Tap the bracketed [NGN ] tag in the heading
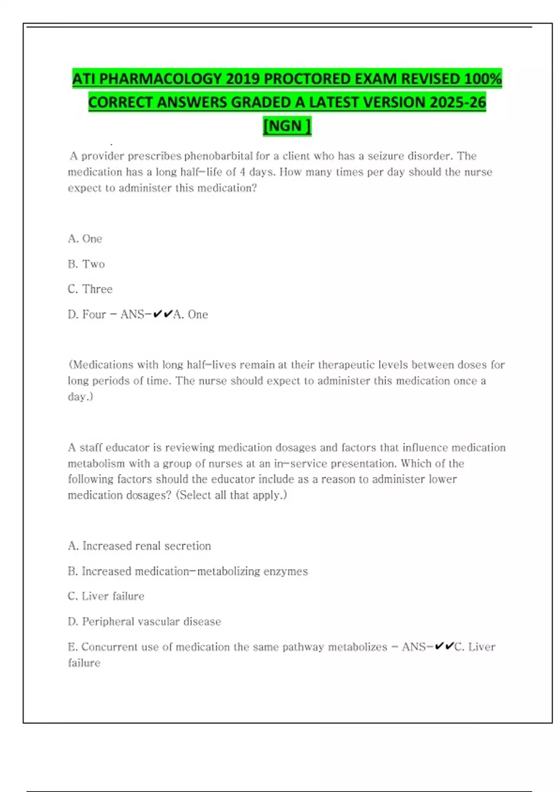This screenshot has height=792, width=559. [287, 126]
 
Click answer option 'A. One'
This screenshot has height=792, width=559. [85, 239]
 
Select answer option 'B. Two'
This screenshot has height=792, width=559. [86, 264]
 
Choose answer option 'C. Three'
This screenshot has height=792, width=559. [90, 289]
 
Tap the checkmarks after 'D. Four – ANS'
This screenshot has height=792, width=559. [163, 314]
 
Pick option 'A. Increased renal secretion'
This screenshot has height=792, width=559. [139, 546]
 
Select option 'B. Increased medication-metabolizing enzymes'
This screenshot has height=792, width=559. [188, 571]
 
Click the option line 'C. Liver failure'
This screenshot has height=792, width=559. [106, 596]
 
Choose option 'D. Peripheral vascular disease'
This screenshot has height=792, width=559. [144, 621]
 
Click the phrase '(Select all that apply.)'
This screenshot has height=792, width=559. [232, 495]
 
